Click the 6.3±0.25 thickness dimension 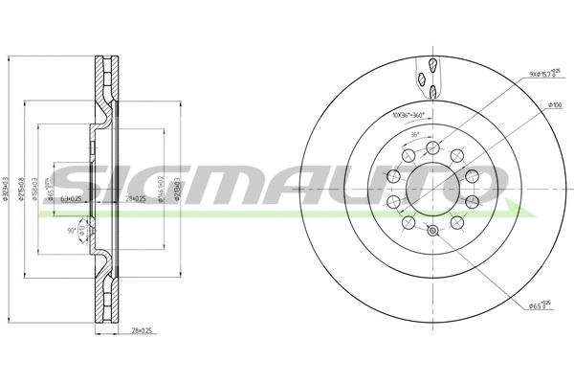[71, 199]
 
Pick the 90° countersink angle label [72, 230]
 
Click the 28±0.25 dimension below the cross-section [142, 329]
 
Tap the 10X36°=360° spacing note [408, 116]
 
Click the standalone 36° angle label [414, 135]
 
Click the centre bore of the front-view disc [432, 189]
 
